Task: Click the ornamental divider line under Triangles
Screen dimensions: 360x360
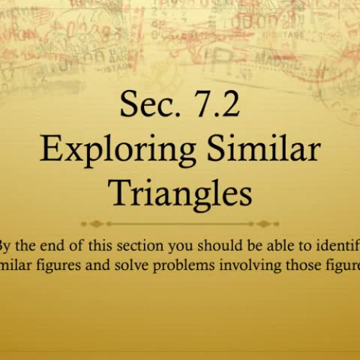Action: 180,224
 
